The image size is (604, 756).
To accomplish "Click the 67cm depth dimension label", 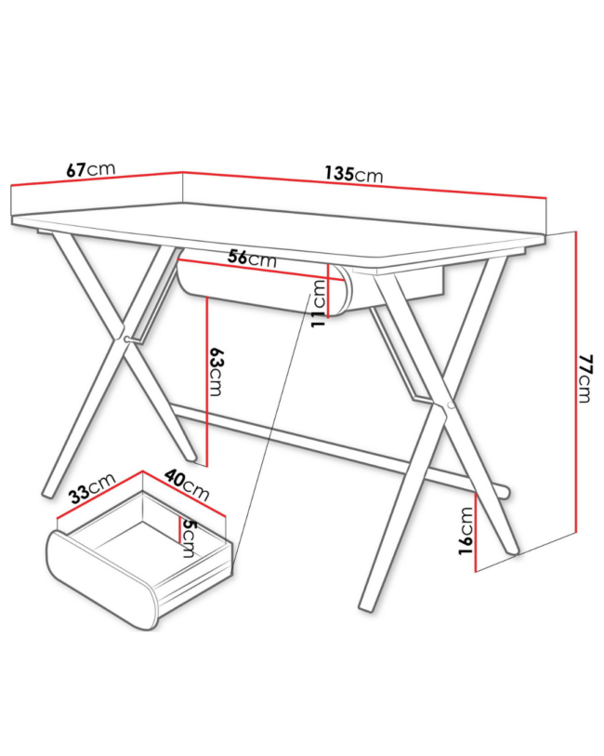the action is [91, 169].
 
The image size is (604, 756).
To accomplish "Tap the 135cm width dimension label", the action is [354, 174].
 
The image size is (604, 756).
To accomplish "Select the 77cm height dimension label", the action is [584, 378].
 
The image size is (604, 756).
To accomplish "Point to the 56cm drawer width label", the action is [252, 258].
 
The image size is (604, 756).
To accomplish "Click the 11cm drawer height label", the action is [319, 304].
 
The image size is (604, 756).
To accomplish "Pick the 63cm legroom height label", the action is [216, 371].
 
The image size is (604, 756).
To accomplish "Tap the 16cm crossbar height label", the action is [466, 531].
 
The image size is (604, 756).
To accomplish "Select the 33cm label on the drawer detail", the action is [92, 488].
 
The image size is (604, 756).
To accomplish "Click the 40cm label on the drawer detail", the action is [187, 485].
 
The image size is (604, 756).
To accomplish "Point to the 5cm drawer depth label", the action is [187, 538].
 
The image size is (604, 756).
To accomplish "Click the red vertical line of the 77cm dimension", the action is [576, 382].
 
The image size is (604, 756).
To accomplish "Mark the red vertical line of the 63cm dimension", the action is [206, 382].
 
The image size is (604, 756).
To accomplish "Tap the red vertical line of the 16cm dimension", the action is [476, 532].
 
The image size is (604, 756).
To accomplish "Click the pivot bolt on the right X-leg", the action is [451, 405].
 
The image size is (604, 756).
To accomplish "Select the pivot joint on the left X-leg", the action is [126, 339].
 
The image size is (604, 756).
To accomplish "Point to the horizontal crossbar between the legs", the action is [337, 446].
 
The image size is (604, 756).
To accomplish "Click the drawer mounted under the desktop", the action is [265, 288].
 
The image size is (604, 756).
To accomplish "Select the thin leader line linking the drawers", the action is [271, 428].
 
